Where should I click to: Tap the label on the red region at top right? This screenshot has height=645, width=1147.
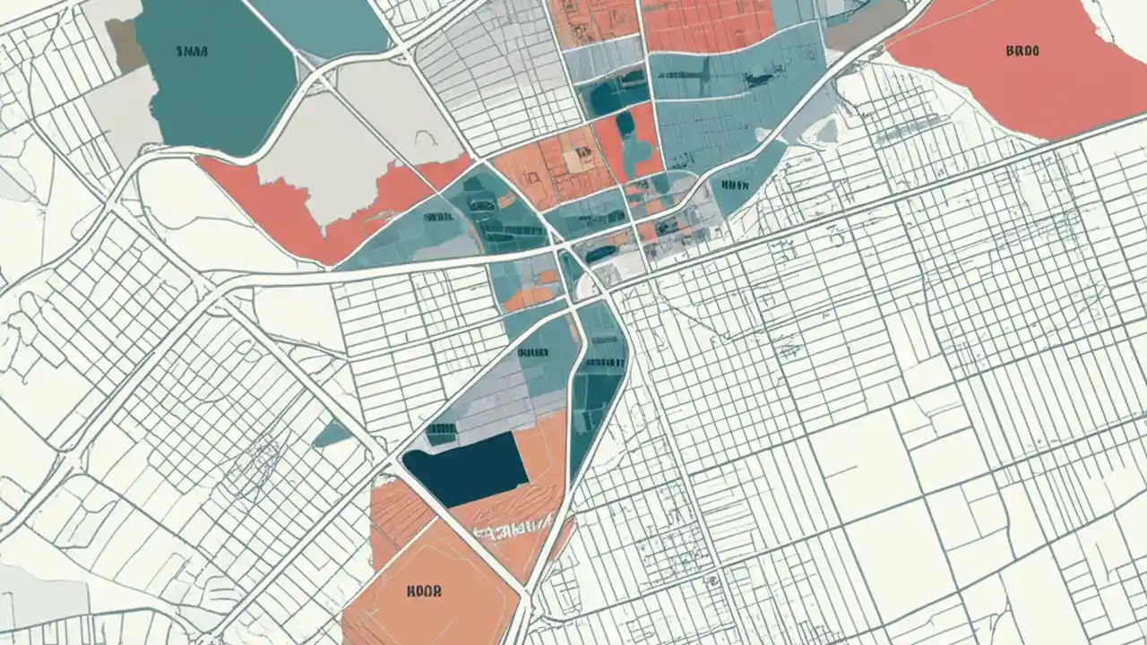click(x=1022, y=52)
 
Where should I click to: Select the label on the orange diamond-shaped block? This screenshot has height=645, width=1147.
click(x=426, y=591)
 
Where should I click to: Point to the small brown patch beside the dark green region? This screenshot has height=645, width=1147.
click(x=125, y=45)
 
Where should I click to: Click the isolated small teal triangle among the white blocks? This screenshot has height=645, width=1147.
click(x=333, y=434)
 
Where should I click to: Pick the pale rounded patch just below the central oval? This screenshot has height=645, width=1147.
click(x=592, y=285)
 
